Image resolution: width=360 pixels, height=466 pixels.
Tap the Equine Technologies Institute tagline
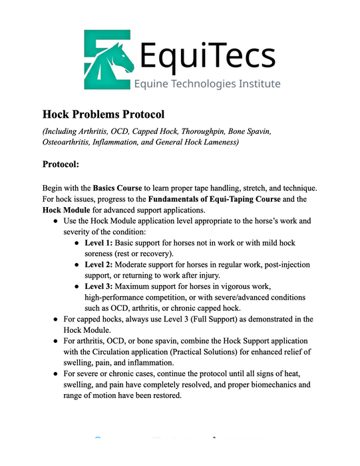pos(207,83)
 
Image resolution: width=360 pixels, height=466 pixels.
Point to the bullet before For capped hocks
pos(56,320)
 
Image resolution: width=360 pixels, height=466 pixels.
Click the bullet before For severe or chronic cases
pos(56,374)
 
